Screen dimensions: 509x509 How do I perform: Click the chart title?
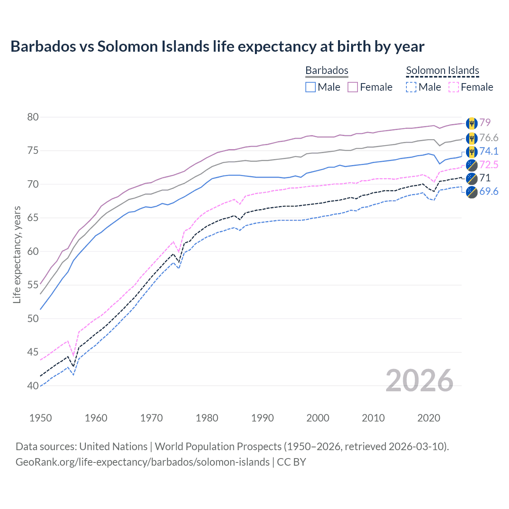pyautogui.click(x=217, y=47)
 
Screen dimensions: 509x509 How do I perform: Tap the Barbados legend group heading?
pyautogui.click(x=326, y=70)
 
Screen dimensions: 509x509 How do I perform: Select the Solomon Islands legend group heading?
pyautogui.click(x=442, y=70)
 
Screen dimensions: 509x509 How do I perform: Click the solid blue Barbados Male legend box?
pyautogui.click(x=311, y=87)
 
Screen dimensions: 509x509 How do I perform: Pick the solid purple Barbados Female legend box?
pyautogui.click(x=353, y=87)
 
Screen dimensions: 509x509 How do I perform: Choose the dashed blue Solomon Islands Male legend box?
pyautogui.click(x=411, y=87)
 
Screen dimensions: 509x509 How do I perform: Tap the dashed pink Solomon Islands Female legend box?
pyautogui.click(x=453, y=87)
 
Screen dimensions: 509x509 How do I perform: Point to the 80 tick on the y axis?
pyautogui.click(x=33, y=117)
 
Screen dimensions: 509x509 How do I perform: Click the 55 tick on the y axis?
pyautogui.click(x=33, y=285)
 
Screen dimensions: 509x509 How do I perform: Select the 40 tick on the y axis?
pyautogui.click(x=33, y=386)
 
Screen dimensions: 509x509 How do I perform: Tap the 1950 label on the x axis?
pyautogui.click(x=41, y=418)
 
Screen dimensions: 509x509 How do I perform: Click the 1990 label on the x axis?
pyautogui.click(x=262, y=418)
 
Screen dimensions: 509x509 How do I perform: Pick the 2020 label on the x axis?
pyautogui.click(x=429, y=418)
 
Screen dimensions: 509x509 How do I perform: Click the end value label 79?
pyautogui.click(x=485, y=122)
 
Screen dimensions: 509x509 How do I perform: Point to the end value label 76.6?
pyautogui.click(x=488, y=138)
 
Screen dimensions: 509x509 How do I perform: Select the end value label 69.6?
pyautogui.click(x=488, y=191)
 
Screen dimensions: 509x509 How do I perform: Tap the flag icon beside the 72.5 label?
pyautogui.click(x=472, y=165)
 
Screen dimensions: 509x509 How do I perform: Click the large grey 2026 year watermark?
pyautogui.click(x=419, y=381)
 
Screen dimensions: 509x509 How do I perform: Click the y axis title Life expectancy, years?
pyautogui.click(x=17, y=254)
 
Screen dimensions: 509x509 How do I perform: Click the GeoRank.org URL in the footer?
pyautogui.click(x=142, y=462)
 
